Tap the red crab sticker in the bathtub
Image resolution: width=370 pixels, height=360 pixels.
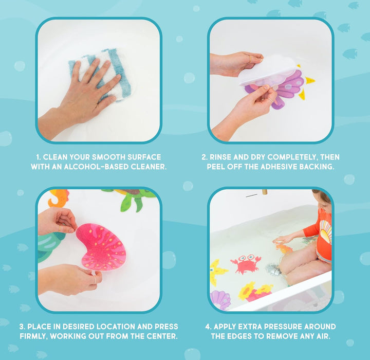point(246,264)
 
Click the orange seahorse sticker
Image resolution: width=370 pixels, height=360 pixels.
point(58,198)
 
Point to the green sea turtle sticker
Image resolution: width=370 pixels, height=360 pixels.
point(132,199)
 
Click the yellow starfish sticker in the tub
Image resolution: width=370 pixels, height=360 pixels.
point(217,272)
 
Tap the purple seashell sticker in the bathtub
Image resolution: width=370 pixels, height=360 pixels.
point(220,299)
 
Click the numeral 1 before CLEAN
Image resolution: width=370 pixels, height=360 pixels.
point(38,157)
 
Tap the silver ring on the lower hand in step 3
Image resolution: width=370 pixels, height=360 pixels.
point(95,279)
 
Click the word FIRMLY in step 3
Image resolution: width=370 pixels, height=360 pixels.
point(34,336)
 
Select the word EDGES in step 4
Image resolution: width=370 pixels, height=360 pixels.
point(239,336)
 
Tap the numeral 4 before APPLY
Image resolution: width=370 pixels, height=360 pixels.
point(208,327)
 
